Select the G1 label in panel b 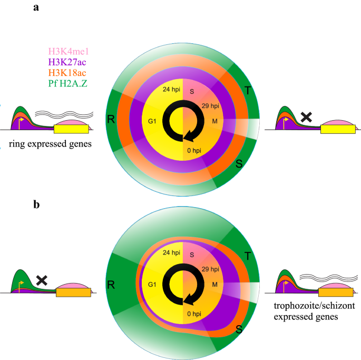pyautogui.click(x=153, y=285)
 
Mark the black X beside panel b pyautogui.click(x=42, y=280)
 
